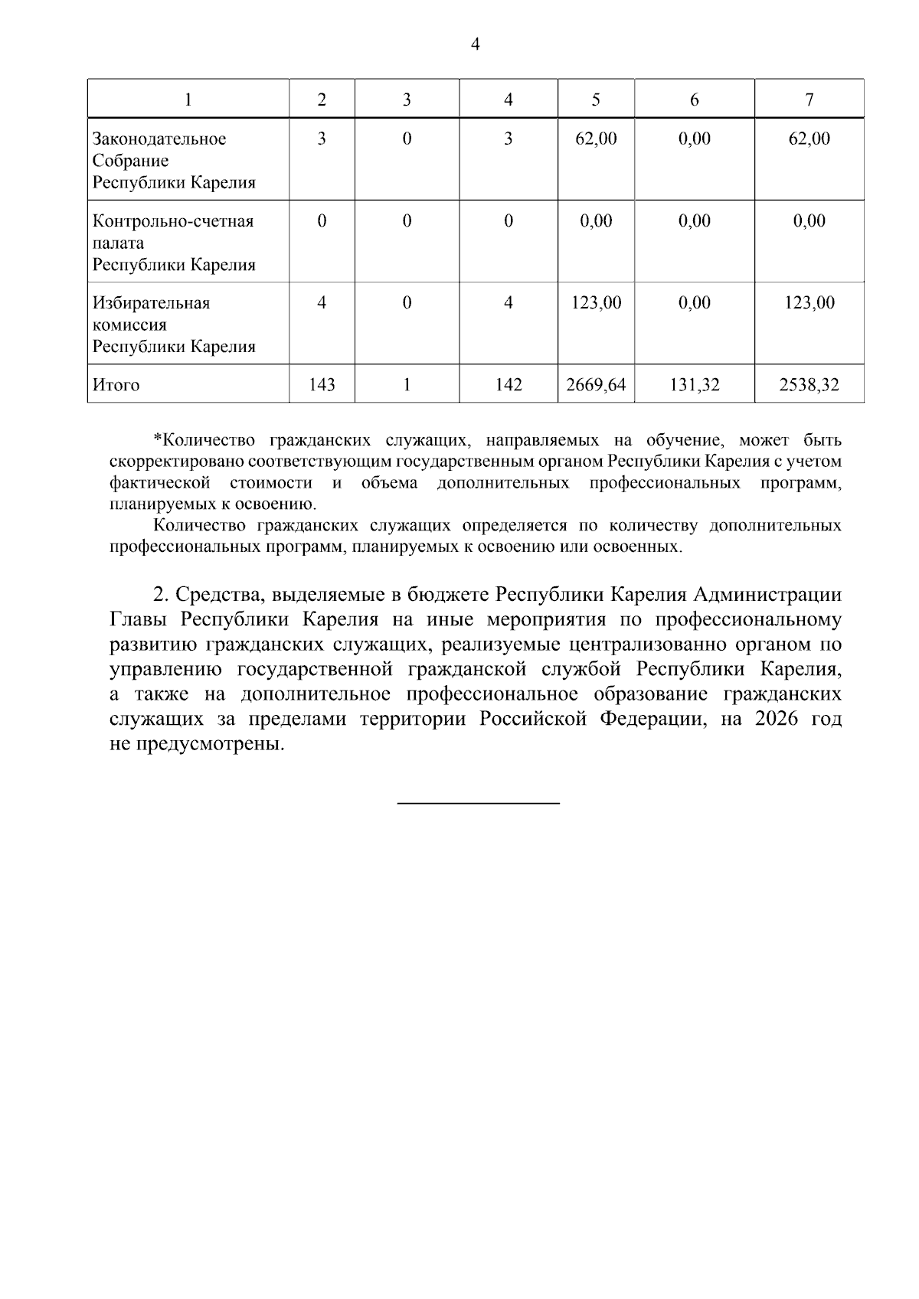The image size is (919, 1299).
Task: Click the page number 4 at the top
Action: tap(475, 45)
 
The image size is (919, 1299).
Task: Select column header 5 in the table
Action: tap(596, 100)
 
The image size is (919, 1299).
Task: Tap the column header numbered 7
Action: tap(809, 100)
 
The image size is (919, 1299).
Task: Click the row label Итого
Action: tap(116, 385)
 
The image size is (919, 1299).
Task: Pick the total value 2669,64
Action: tap(596, 385)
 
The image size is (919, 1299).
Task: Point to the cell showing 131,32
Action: tap(695, 385)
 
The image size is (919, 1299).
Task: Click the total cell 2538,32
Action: tap(809, 385)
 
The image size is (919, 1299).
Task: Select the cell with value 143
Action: tap(322, 385)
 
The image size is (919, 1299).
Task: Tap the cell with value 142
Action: tap(509, 385)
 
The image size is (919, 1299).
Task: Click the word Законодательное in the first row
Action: tap(159, 139)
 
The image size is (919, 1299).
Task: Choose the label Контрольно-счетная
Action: tap(173, 221)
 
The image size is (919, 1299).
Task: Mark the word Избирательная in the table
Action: tap(152, 303)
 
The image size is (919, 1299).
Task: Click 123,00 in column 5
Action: tap(596, 303)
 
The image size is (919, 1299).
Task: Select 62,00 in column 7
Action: tap(809, 139)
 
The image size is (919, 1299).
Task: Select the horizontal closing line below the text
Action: tap(479, 802)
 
